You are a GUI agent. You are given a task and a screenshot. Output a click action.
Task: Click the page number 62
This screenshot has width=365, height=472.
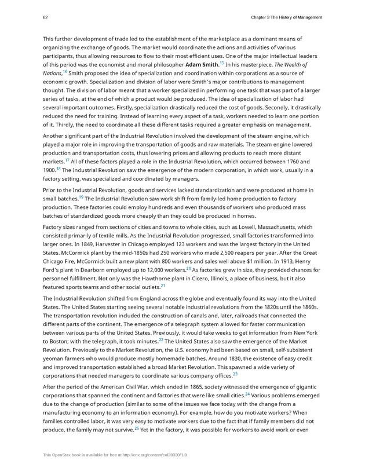point(45,17)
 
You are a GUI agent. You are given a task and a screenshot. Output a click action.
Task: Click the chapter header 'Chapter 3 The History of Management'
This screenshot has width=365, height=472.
point(286,17)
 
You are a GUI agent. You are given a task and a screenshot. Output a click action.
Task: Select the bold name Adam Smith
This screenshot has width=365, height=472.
point(202,65)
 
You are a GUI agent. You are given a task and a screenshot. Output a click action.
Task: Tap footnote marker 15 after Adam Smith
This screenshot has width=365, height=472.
point(221,63)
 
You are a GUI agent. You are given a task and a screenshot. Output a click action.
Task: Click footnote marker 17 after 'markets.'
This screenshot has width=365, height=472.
point(67,159)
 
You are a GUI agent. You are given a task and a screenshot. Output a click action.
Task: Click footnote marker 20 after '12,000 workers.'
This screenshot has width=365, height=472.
point(188,269)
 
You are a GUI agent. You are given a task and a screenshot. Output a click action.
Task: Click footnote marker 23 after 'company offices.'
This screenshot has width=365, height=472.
point(236,374)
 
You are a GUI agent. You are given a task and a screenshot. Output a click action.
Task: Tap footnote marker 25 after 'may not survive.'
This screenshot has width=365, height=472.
point(136,429)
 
